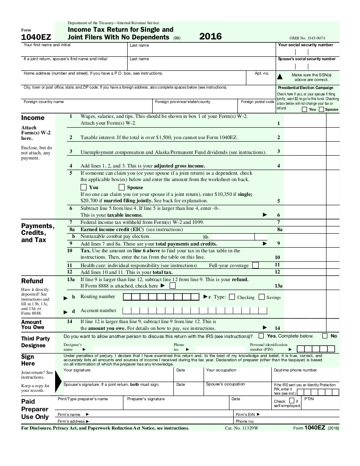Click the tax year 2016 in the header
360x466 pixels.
pyautogui.click(x=210, y=36)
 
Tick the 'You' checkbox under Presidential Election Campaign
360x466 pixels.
pyautogui.click(x=304, y=109)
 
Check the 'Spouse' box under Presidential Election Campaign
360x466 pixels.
pyautogui.click(x=321, y=109)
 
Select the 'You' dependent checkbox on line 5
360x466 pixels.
pyautogui.click(x=84, y=187)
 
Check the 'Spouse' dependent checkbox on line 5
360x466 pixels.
pyautogui.click(x=122, y=187)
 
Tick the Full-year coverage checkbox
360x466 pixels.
pyautogui.click(x=255, y=265)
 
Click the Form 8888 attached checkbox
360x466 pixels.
pyautogui.click(x=172, y=286)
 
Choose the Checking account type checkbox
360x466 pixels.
pyautogui.click(x=232, y=297)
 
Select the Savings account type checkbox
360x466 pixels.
pyautogui.click(x=261, y=297)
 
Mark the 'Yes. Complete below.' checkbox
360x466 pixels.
pyautogui.click(x=261, y=336)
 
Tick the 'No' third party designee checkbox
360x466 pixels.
pyautogui.click(x=325, y=336)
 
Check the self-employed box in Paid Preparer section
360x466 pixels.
pyautogui.click(x=291, y=400)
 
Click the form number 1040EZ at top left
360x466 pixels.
pyautogui.click(x=36, y=38)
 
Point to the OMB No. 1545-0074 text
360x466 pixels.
pyautogui.click(x=307, y=38)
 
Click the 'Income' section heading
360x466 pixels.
pyautogui.click(x=33, y=118)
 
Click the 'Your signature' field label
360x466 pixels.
pyautogui.click(x=77, y=370)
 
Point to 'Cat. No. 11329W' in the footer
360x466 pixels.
pyautogui.click(x=241, y=428)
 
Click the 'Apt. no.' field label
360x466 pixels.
pyautogui.click(x=262, y=73)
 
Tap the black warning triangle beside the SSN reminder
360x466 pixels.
pyautogui.click(x=279, y=77)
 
